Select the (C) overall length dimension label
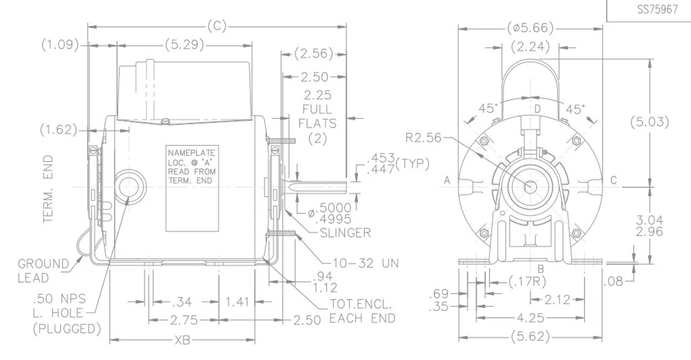pos(216,26)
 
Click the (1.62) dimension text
pos(58,130)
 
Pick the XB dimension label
pos(182,341)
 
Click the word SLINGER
pos(345,233)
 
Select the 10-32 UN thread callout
pos(367,263)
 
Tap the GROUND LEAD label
pos(43,271)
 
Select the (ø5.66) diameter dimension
pos(531,27)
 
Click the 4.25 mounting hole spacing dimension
pos(530,318)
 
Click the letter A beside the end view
pos(448,181)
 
